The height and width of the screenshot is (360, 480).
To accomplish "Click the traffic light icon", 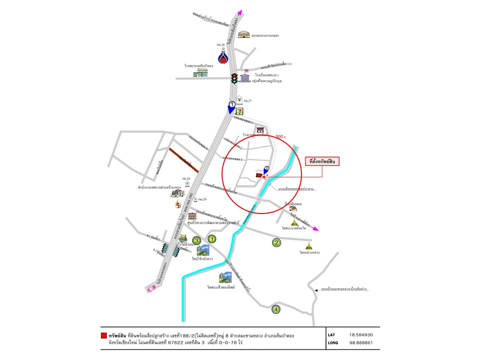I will pyautogui.click(x=233, y=78).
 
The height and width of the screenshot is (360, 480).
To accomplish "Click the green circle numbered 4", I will pyautogui.click(x=275, y=309).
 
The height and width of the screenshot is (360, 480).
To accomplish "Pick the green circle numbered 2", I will pyautogui.click(x=276, y=243).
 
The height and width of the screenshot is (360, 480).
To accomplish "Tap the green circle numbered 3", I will pyautogui.click(x=197, y=240).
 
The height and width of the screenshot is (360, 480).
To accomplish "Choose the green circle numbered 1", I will pyautogui.click(x=211, y=239).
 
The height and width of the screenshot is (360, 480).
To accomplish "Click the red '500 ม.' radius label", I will pyautogui.click(x=281, y=136).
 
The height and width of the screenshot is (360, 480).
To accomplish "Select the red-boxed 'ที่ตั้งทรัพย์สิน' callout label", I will pyautogui.click(x=322, y=161).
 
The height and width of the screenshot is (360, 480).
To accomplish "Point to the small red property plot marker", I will pyautogui.click(x=258, y=175).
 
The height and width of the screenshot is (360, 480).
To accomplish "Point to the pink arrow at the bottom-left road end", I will pyautogui.click(x=150, y=289).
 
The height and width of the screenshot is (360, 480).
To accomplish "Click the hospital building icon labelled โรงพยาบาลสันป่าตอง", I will pyautogui.click(x=201, y=73).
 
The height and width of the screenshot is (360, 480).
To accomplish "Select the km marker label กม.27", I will pyautogui.click(x=247, y=100).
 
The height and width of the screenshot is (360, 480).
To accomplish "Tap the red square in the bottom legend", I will pyautogui.click(x=103, y=335).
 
